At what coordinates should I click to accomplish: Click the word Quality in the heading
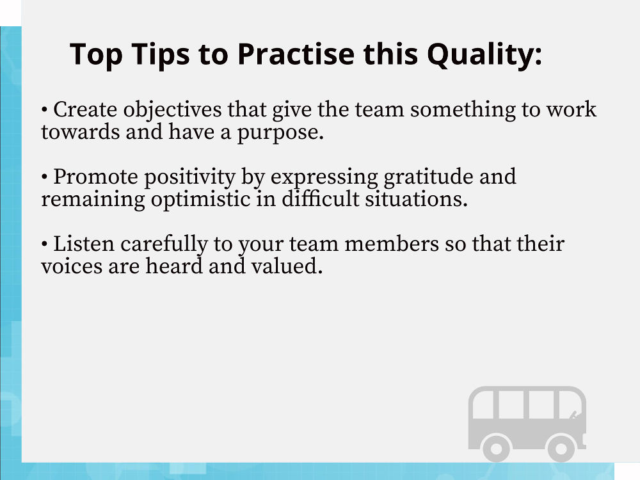[485, 54]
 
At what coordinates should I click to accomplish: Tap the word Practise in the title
[296, 54]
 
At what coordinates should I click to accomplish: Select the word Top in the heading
[97, 54]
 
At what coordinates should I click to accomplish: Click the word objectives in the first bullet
[172, 110]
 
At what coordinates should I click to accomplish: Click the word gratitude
[428, 177]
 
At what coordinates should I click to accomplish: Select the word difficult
[320, 199]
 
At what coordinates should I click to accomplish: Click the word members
[392, 244]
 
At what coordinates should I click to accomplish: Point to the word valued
[287, 266]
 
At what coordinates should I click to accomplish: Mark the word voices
[72, 266]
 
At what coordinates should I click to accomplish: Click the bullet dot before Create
[45, 110]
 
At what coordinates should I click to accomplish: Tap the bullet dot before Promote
[45, 177]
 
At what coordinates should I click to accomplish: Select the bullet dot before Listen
[45, 244]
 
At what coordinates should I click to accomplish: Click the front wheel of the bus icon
[561, 448]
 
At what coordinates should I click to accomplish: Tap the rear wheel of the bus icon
[497, 448]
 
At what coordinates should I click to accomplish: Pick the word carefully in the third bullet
[164, 244]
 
